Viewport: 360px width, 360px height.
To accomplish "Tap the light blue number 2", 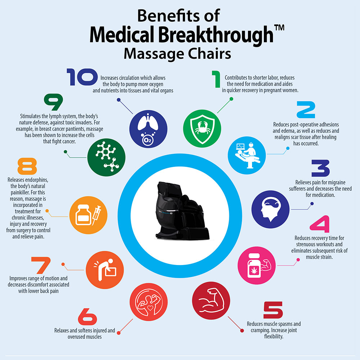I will (x=310, y=110).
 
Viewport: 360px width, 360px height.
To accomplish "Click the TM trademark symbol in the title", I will (x=278, y=26).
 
